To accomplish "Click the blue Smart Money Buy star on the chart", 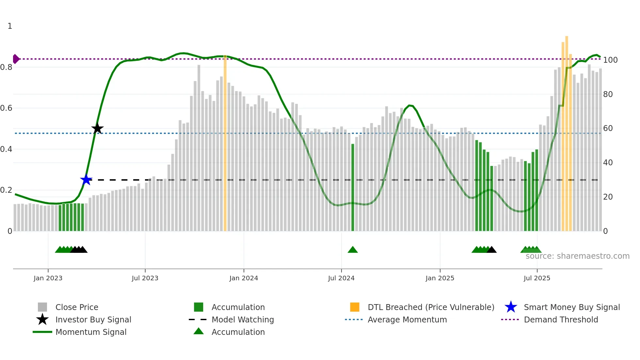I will click(86, 180).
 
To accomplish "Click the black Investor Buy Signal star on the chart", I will click(97, 128).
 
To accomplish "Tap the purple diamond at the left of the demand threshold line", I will click(16, 59).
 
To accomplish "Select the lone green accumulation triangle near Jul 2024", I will click(353, 250).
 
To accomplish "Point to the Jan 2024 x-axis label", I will click(244, 278).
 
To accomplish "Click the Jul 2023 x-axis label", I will click(145, 278).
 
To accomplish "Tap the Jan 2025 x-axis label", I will click(440, 278).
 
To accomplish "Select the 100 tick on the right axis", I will click(610, 60).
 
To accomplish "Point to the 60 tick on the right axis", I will click(608, 128).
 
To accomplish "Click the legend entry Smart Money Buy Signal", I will click(571, 307).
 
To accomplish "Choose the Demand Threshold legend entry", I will click(561, 319).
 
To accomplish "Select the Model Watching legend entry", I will click(242, 319).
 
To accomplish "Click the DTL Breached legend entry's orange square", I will click(355, 307).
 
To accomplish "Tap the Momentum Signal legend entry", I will click(91, 332).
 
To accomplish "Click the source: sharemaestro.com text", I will click(577, 256).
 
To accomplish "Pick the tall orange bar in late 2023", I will click(225, 144).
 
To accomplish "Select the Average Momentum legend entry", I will click(407, 319).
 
